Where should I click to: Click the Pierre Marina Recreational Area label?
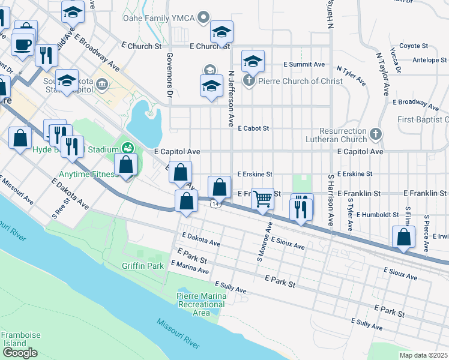click(202, 304)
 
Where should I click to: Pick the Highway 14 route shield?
click(214, 205)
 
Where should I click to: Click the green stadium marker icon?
click(127, 146)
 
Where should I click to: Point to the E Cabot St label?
click(253, 128)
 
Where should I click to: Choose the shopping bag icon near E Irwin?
click(404, 237)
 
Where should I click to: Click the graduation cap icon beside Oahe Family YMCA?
click(221, 31)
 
